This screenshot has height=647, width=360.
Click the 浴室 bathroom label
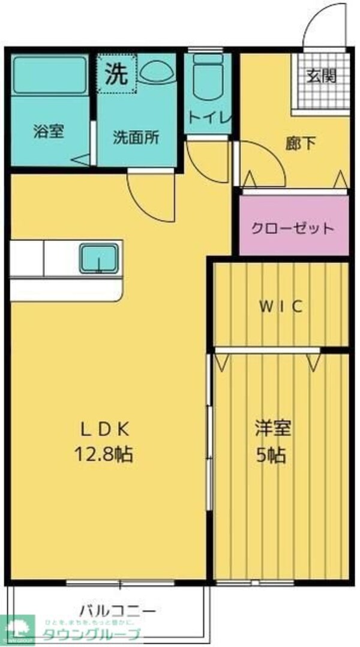click(x=48, y=131)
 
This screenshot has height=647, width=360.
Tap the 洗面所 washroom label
click(x=136, y=137)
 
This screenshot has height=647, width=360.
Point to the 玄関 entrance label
click(x=322, y=76)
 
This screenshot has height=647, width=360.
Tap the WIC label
click(x=281, y=307)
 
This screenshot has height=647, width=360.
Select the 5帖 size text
click(x=272, y=454)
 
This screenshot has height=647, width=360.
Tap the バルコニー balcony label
click(x=118, y=612)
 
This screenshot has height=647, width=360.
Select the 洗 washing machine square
click(x=118, y=74)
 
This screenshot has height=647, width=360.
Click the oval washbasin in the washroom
click(x=157, y=72)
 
